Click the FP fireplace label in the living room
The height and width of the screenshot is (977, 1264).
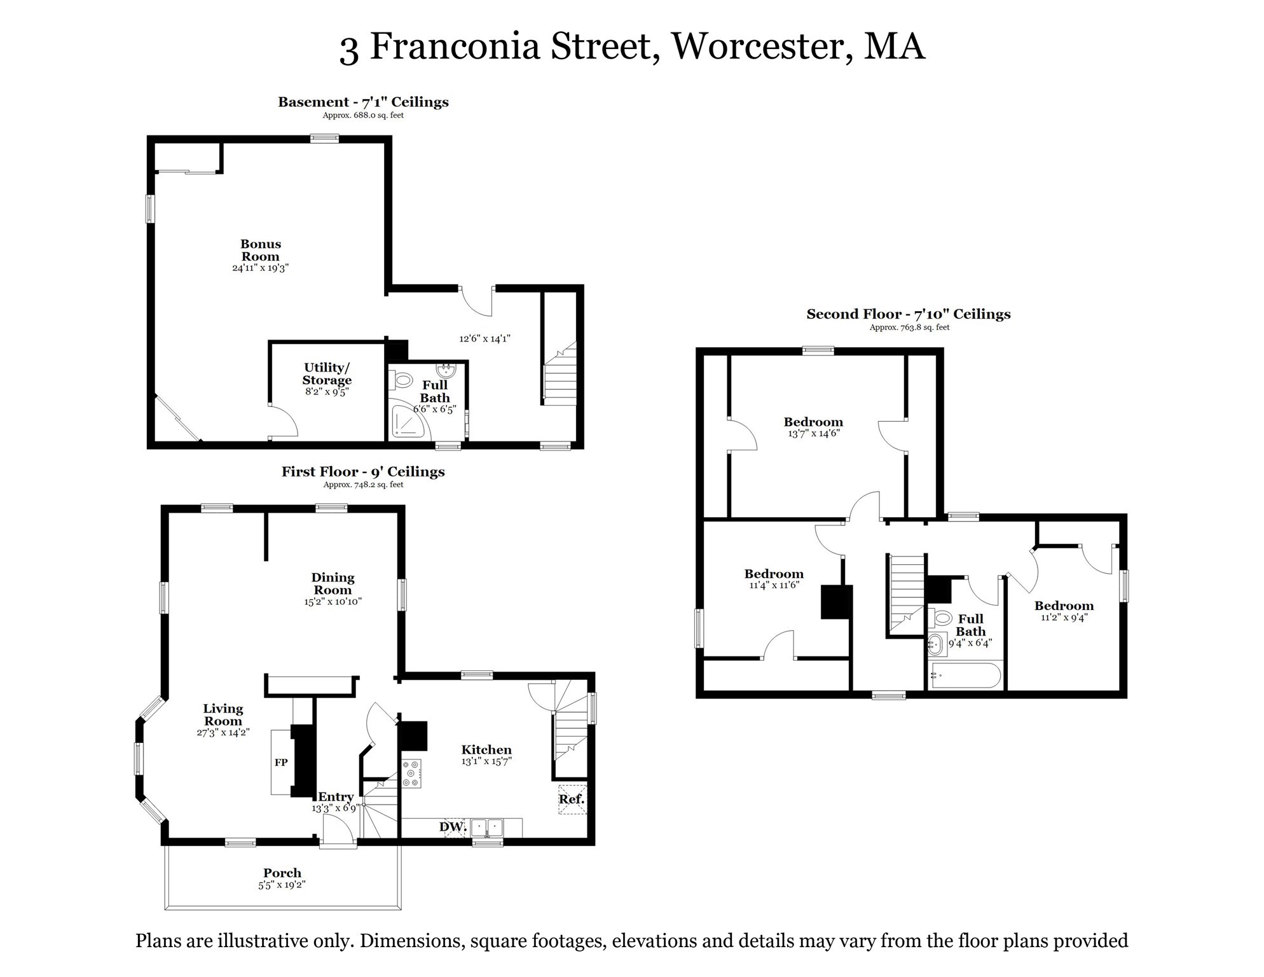click(280, 762)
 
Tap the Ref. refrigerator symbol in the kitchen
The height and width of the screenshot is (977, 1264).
click(572, 800)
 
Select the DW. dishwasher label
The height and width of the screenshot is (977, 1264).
click(453, 827)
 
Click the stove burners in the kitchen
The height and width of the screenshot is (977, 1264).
click(411, 773)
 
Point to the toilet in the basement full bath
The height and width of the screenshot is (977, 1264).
click(402, 381)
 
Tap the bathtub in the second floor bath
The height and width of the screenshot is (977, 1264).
click(965, 676)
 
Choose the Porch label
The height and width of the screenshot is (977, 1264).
click(282, 873)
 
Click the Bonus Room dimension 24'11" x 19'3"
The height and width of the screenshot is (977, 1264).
click(261, 268)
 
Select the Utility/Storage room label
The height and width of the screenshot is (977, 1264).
click(327, 374)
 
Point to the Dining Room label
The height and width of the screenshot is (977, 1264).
click(333, 583)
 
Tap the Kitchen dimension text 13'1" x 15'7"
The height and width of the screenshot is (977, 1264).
click(486, 761)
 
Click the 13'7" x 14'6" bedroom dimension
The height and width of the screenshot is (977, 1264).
click(814, 434)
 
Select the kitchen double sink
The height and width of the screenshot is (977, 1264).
click(487, 828)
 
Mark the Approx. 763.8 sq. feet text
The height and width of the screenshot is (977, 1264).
click(909, 328)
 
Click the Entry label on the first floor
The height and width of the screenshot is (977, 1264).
click(335, 797)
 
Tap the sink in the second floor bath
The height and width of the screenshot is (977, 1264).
click(934, 644)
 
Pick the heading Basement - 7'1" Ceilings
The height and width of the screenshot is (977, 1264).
click(363, 102)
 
